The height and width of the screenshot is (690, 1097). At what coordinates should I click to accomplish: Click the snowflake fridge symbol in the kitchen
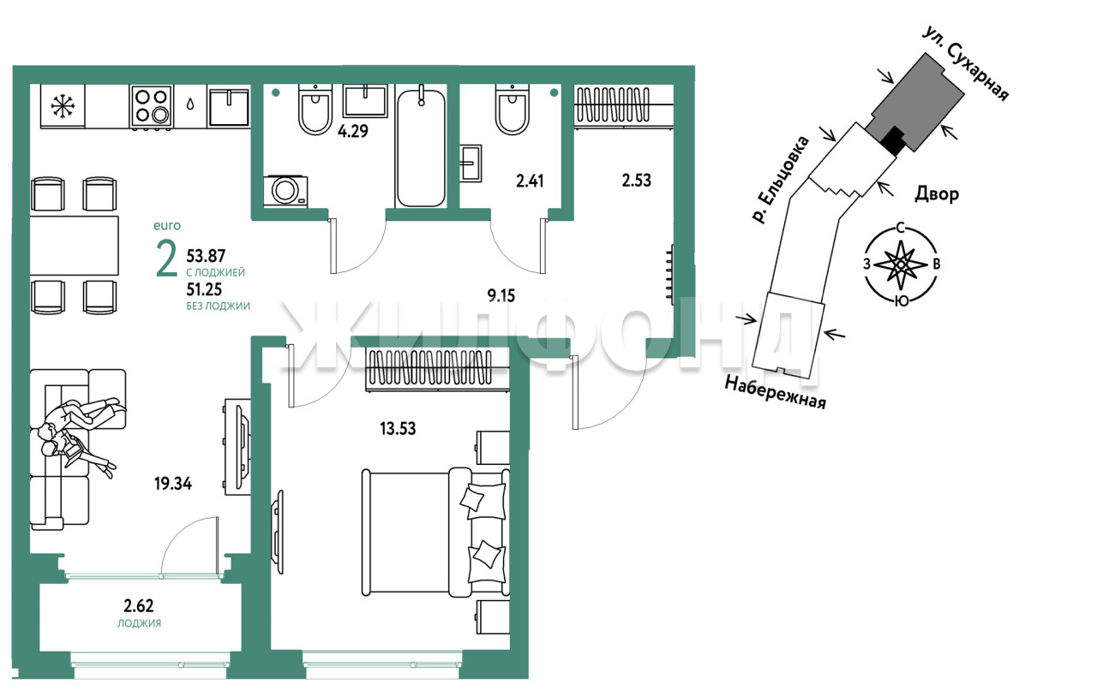63,106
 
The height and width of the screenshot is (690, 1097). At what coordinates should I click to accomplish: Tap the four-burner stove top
152,106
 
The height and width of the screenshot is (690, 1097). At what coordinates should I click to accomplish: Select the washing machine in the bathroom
285,191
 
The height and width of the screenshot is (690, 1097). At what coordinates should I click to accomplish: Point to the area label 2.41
530,181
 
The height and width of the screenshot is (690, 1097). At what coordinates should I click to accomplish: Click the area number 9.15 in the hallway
501,295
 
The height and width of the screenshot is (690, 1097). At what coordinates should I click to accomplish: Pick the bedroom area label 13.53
398,429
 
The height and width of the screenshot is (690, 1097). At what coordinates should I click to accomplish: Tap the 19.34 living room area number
173,484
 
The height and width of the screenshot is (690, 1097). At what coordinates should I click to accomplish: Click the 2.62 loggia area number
139,606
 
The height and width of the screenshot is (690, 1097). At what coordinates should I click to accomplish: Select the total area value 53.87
206,256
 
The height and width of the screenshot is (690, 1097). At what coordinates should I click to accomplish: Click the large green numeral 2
166,260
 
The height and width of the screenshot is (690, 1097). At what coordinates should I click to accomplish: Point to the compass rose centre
900,265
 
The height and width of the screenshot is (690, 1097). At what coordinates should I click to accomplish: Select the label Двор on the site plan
937,194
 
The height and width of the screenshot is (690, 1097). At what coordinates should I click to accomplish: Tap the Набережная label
776,392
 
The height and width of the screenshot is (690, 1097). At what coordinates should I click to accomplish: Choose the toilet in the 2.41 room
513,109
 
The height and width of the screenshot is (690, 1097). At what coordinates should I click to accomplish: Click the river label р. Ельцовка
781,180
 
